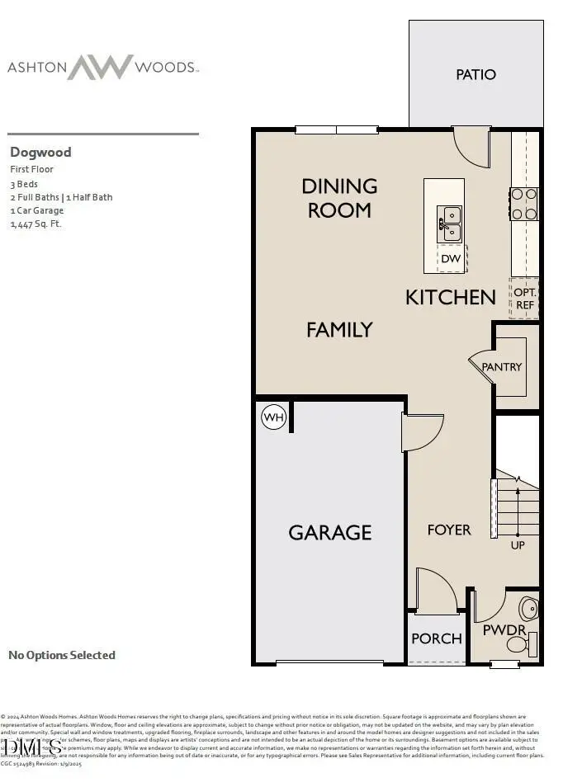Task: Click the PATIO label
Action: pyautogui.click(x=476, y=74)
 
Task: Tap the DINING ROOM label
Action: pyautogui.click(x=339, y=198)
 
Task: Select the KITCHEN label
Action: pyautogui.click(x=451, y=297)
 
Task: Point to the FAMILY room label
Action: pyautogui.click(x=339, y=329)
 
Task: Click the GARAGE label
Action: pyautogui.click(x=329, y=532)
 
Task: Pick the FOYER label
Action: pyautogui.click(x=449, y=530)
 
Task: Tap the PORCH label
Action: pyautogui.click(x=437, y=638)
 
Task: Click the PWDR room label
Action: pyautogui.click(x=504, y=630)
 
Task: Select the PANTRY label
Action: pyautogui.click(x=502, y=366)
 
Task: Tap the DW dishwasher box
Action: pyautogui.click(x=451, y=259)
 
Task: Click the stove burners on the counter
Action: pyautogui.click(x=524, y=204)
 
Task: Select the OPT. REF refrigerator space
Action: pyautogui.click(x=525, y=299)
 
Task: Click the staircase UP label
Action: pyautogui.click(x=518, y=545)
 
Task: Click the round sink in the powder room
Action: pyautogui.click(x=528, y=610)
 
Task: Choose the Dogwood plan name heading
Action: pyautogui.click(x=40, y=152)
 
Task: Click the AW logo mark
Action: pyautogui.click(x=100, y=67)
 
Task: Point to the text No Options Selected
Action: pyautogui.click(x=62, y=655)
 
